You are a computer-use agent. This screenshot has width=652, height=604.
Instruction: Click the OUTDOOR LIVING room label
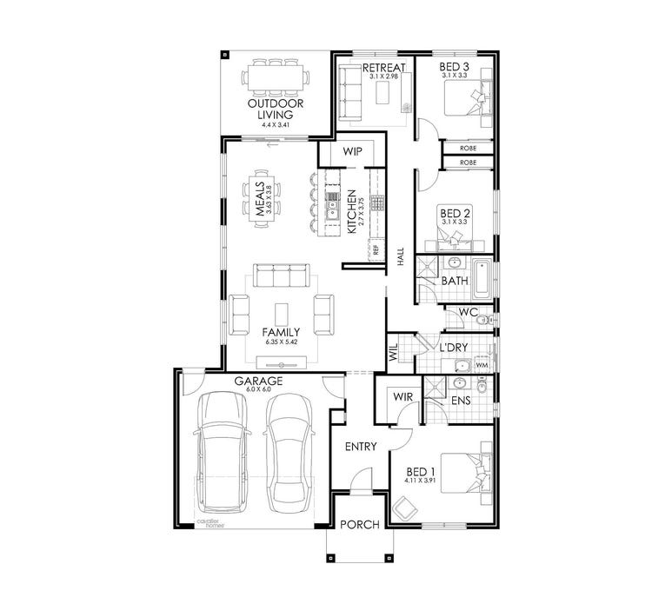tap(270, 108)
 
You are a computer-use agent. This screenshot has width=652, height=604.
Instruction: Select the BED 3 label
tap(455, 67)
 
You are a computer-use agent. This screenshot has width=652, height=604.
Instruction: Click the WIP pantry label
tap(352, 151)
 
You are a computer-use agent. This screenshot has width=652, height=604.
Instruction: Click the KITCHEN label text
tap(351, 212)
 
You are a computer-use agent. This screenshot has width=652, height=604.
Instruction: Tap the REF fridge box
tap(376, 249)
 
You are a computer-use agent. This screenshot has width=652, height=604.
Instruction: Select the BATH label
tap(455, 282)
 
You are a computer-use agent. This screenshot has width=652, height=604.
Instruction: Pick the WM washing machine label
tap(481, 365)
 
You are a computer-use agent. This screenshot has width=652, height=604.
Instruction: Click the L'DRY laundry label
tap(455, 347)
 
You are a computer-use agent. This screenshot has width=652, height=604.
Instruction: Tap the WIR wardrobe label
tap(403, 396)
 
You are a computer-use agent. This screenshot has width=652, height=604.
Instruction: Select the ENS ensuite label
tap(462, 401)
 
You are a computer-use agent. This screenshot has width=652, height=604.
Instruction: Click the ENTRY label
tap(360, 447)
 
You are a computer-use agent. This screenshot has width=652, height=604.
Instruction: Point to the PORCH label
tap(359, 524)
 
